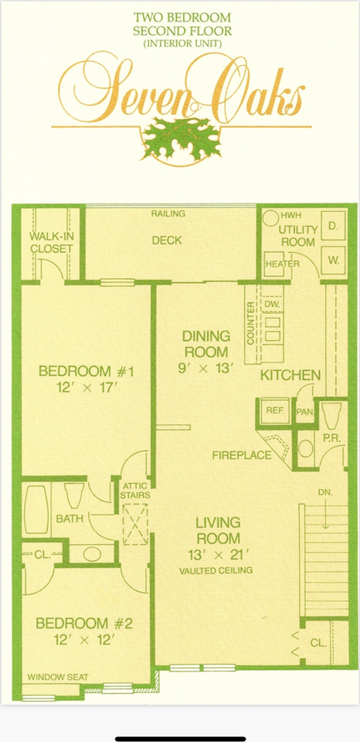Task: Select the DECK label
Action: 167,240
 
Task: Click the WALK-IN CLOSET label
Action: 51,242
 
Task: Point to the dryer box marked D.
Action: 333,226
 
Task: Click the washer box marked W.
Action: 333,260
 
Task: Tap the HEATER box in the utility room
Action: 281,264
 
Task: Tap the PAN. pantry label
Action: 304,412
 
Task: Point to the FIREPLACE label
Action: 242,455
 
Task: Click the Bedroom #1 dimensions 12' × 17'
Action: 87,388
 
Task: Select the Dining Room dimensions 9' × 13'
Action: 205,369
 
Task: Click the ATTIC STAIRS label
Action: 136,490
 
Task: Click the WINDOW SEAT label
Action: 58,677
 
